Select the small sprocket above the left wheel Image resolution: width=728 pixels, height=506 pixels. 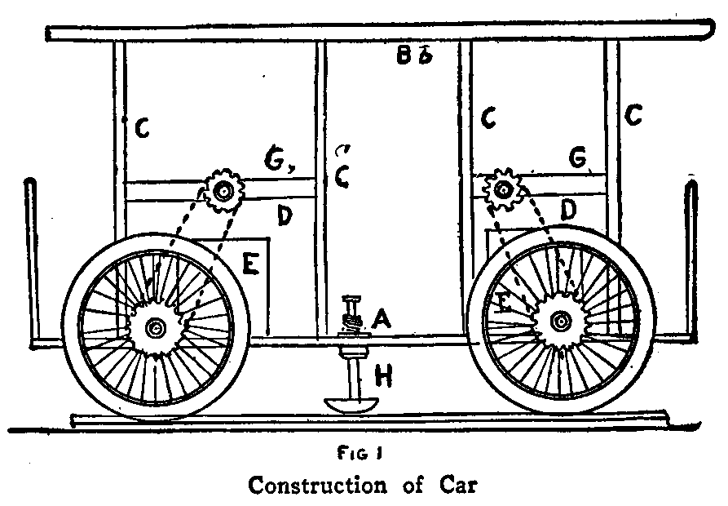[223, 191]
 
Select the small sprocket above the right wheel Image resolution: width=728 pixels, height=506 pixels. [504, 190]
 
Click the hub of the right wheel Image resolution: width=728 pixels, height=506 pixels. [560, 322]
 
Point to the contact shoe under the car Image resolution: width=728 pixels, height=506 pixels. [351, 404]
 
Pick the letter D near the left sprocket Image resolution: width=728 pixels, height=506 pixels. [284, 216]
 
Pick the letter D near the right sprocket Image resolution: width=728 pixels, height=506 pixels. [570, 211]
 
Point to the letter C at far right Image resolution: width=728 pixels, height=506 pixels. [633, 117]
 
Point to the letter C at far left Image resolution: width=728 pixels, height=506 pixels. [142, 128]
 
